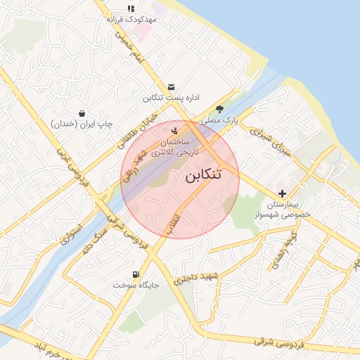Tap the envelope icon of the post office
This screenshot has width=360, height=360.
[x=172, y=86]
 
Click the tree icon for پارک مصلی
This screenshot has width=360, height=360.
[x=219, y=109]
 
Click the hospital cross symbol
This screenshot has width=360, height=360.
[x=282, y=193]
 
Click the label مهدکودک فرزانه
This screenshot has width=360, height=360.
[x=130, y=20]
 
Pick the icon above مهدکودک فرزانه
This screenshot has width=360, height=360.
[x=130, y=8]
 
